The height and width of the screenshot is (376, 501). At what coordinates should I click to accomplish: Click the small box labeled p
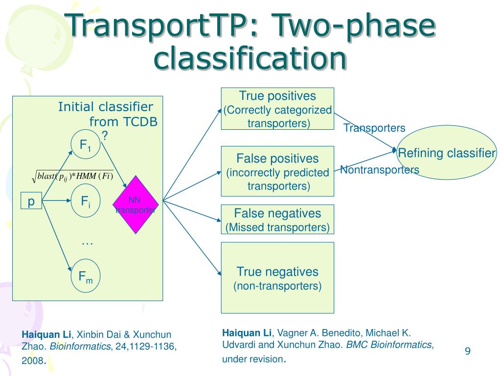click(31, 202)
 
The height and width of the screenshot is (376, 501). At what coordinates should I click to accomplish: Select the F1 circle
click(86, 144)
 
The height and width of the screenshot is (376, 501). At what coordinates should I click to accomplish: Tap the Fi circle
click(86, 201)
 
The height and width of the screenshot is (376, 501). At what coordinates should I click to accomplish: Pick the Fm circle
click(86, 278)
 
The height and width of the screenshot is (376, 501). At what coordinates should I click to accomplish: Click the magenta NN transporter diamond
click(136, 204)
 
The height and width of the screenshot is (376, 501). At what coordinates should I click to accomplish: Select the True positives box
click(277, 109)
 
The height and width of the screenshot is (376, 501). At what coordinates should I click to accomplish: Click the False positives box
click(277, 171)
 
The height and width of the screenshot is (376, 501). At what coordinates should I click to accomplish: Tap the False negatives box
click(277, 219)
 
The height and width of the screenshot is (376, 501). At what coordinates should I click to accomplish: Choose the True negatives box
click(277, 278)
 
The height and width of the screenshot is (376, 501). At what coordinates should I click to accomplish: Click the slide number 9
click(467, 351)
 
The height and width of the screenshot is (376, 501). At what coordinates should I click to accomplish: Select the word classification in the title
click(250, 58)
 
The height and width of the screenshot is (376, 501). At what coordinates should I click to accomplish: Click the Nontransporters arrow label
click(380, 170)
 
